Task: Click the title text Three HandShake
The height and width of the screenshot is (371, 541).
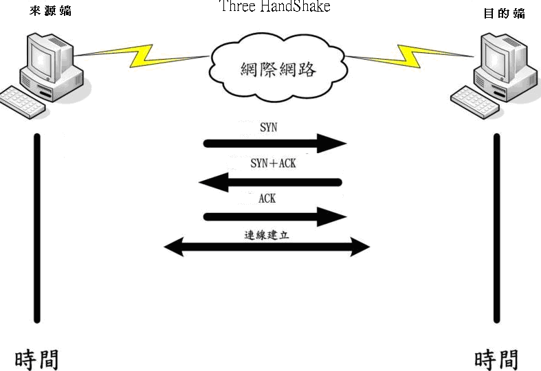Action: coord(275,7)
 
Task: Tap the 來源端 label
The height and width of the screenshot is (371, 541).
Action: coord(50,12)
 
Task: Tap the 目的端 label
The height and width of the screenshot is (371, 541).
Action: coord(504,13)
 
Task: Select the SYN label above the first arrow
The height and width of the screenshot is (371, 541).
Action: coord(270,127)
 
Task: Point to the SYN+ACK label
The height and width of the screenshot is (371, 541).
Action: coord(274,164)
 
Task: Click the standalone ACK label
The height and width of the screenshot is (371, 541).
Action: coord(267,199)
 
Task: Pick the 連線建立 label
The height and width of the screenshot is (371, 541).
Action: coord(267,234)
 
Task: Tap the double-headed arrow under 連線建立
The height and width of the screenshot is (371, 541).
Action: coord(267,246)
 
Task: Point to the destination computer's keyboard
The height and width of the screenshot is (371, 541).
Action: coord(474,102)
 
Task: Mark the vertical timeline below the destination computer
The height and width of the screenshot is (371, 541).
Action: coord(496,227)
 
